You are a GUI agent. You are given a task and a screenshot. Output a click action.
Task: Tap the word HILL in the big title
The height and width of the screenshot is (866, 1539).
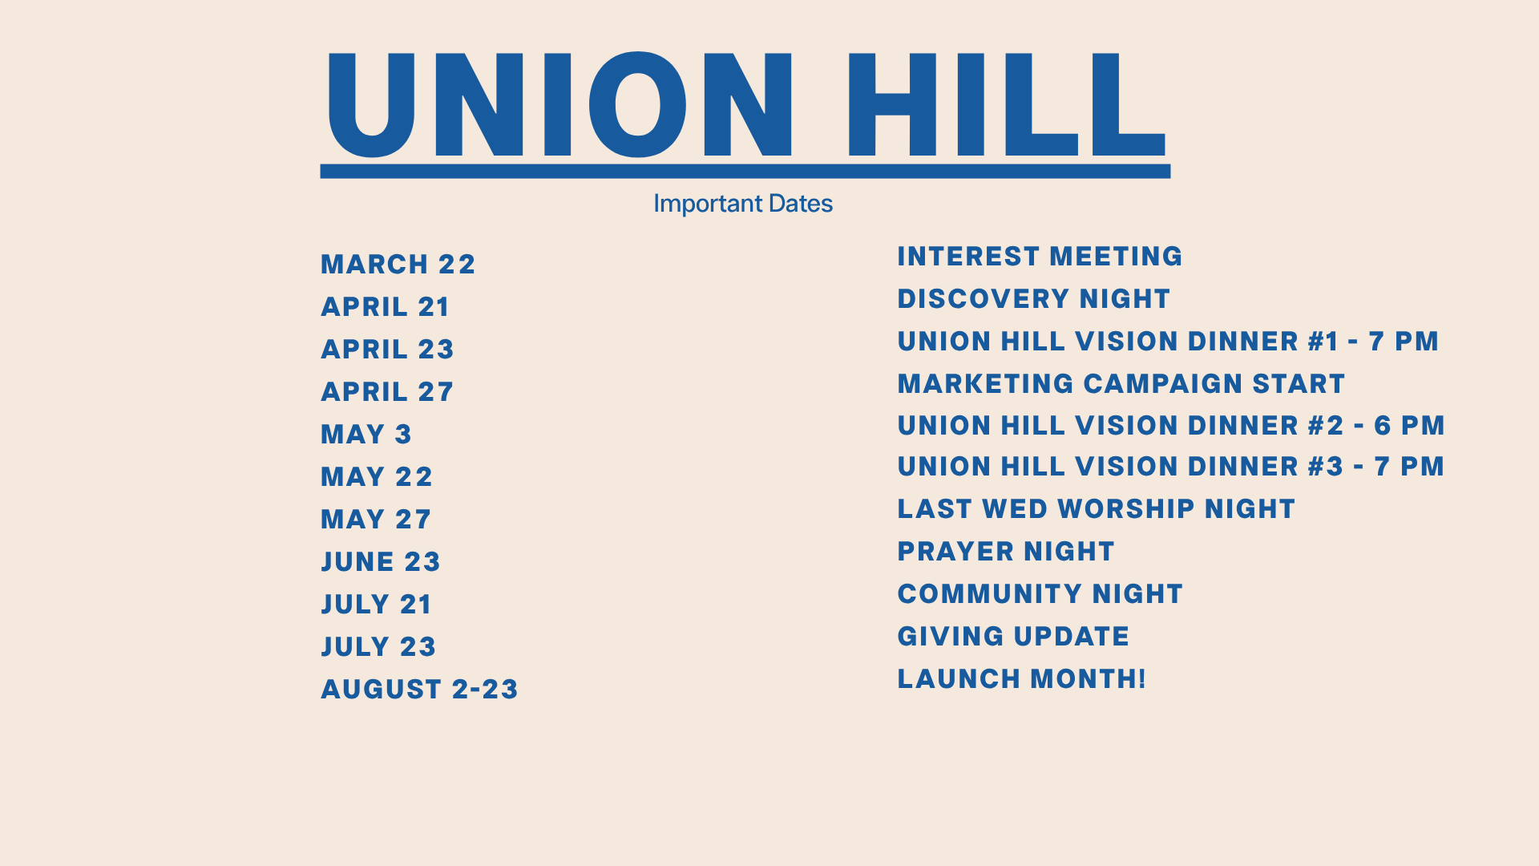pos(1006,104)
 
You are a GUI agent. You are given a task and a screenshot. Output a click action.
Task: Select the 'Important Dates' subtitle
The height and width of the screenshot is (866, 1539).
pos(743,204)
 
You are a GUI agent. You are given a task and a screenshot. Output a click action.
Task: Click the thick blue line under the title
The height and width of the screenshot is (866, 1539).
pos(745,172)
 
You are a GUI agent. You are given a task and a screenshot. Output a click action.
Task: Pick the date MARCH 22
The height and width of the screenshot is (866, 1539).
pos(398,265)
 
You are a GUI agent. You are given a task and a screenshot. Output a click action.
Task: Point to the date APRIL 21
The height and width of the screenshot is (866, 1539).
pos(386,307)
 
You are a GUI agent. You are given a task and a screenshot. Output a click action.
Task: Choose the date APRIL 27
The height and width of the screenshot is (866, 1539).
pos(387,392)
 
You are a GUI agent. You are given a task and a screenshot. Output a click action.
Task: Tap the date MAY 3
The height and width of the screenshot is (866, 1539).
pos(366,435)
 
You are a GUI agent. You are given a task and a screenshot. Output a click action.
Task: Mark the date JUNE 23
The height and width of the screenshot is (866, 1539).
pos(381,562)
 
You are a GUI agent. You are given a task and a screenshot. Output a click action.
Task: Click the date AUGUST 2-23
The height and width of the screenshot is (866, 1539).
pos(420,690)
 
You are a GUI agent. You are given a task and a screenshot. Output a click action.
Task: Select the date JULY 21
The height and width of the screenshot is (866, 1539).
pos(377,605)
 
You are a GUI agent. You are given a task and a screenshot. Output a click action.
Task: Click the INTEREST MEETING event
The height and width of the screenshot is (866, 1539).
pos(1040,257)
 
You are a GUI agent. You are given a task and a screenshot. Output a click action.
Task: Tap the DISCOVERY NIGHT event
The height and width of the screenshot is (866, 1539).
pos(1034,299)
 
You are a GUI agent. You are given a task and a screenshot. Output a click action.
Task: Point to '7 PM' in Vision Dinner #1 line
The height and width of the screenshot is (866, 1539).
pos(1404,342)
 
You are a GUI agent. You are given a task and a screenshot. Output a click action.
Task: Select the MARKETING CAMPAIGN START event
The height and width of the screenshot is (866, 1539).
pos(1121,384)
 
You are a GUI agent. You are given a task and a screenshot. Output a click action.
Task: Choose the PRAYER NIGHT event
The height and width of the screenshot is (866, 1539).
pos(1006,552)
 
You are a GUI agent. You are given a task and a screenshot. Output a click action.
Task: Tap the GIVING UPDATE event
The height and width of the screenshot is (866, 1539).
pos(1013,637)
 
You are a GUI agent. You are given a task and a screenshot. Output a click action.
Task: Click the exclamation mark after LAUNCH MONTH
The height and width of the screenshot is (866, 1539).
pos(1141,679)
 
